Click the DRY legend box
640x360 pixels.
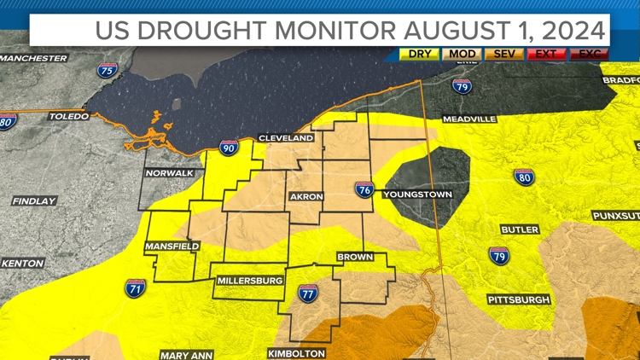coord(419,55)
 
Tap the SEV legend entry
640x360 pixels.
coord(503,55)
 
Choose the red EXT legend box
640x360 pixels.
coord(546,55)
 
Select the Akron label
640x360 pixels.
coord(306,197)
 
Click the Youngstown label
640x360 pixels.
coord(417,195)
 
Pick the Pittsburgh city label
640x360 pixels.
coord(519,299)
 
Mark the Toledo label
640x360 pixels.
coord(68,116)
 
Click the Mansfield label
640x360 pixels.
coord(172,247)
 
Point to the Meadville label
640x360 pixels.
coord(468,119)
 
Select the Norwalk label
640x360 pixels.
coord(168,173)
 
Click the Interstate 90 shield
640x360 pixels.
coord(229,148)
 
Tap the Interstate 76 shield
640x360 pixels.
coord(364,189)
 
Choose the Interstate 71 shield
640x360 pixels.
coord(135,288)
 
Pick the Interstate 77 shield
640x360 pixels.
coord(308,293)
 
